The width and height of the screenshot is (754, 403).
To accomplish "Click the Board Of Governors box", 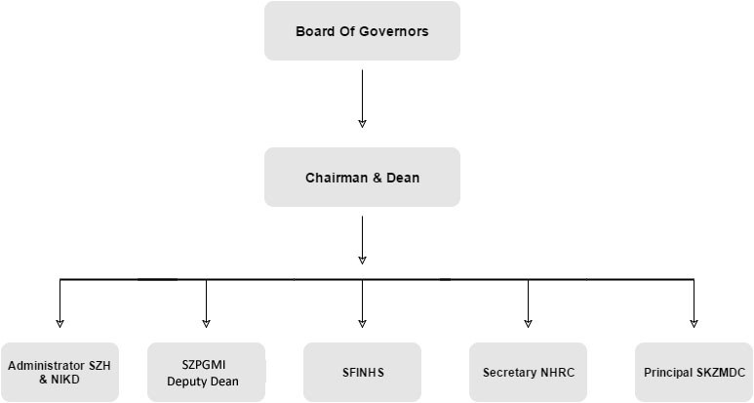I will [x=362, y=31].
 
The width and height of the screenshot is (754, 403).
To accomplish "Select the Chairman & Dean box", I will [x=362, y=178].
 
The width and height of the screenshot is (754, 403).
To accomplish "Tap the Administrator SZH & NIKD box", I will [x=60, y=372].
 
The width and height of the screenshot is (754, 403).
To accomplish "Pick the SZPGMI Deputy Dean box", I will [x=206, y=372].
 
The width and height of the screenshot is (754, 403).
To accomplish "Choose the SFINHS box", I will [x=362, y=372].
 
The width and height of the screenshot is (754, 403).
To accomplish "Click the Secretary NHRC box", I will [x=528, y=372].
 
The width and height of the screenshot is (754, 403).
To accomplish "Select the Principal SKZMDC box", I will [x=694, y=372].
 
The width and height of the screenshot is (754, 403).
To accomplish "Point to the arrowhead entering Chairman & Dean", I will [x=362, y=123].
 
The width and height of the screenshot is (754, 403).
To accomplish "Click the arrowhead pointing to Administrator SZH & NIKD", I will [x=60, y=322].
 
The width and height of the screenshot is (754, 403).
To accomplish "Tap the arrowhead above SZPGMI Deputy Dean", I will [x=206, y=322].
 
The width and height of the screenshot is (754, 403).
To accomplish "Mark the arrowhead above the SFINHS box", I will [x=362, y=322].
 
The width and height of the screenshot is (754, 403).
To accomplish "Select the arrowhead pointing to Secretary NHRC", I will [x=528, y=322].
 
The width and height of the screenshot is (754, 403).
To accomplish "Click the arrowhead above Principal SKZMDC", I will [x=694, y=322].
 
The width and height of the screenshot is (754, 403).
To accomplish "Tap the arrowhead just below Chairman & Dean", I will [x=362, y=260].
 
